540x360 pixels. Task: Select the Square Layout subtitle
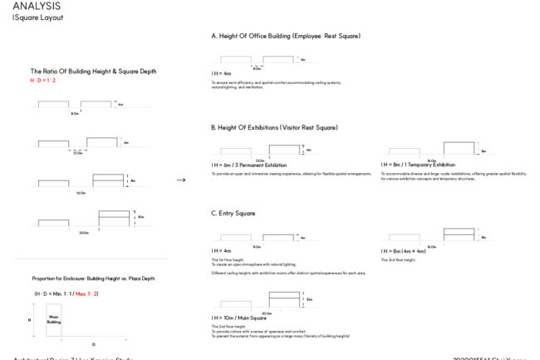[x=37, y=17]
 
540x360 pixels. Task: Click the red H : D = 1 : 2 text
[x=43, y=81]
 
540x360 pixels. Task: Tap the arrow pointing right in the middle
[x=181, y=179]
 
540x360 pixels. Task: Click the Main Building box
[x=54, y=318]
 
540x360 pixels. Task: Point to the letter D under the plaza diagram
[x=92, y=343]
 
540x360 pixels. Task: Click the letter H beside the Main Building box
[x=29, y=318]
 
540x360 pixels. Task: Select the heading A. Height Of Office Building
[x=286, y=37]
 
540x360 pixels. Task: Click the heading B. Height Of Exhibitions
[x=274, y=127]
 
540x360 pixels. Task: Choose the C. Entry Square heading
[x=233, y=214]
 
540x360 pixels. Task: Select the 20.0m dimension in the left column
[x=84, y=233]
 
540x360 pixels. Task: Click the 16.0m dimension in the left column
[x=81, y=192]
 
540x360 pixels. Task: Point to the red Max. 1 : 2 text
[x=87, y=294]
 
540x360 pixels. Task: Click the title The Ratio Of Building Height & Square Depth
[x=93, y=72]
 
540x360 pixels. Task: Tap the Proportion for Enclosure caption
[x=93, y=279]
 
